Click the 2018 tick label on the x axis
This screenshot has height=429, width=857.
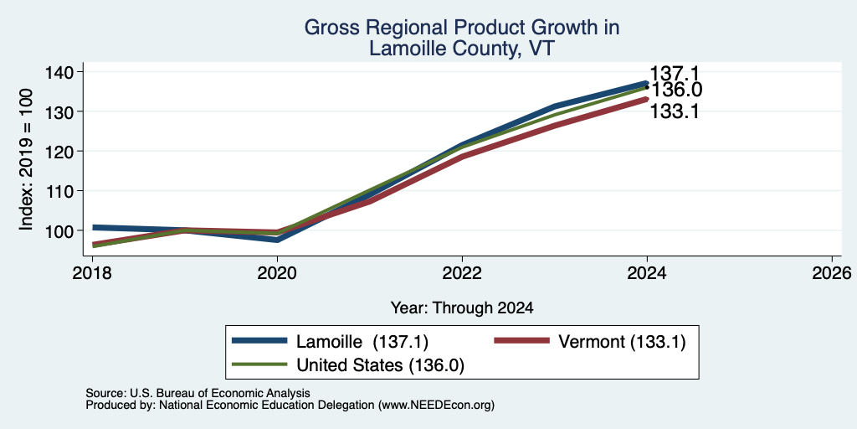click(92, 272)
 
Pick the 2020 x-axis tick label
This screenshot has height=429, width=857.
click(277, 272)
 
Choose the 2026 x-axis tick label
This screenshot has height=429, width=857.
click(832, 272)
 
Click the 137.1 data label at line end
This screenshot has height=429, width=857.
click(674, 74)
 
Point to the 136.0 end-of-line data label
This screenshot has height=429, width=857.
click(674, 90)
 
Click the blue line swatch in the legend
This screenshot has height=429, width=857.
click(259, 341)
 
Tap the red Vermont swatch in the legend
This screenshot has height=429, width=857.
click(521, 341)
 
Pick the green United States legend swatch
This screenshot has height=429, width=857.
click(259, 364)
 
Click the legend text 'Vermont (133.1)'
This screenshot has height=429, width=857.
click(622, 342)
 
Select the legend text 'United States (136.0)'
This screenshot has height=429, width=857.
click(381, 365)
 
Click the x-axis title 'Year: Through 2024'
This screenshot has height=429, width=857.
click(462, 308)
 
